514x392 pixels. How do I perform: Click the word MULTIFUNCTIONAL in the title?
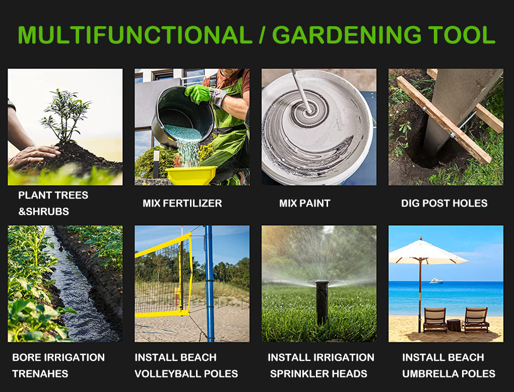click(x=135, y=34)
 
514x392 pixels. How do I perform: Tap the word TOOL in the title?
click(x=462, y=34)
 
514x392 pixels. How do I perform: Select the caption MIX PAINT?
click(x=304, y=203)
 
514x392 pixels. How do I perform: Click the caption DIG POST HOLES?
click(x=444, y=203)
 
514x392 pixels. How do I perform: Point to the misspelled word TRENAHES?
click(x=40, y=374)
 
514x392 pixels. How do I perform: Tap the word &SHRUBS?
click(x=44, y=212)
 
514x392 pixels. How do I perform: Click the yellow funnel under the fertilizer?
click(x=191, y=175)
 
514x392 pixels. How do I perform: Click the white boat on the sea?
click(x=436, y=280)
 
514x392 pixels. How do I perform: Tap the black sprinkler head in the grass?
click(x=322, y=301)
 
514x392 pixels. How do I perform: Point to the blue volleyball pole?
click(x=209, y=284)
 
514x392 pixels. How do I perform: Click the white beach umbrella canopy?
click(x=428, y=252)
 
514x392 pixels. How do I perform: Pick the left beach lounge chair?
click(x=435, y=319)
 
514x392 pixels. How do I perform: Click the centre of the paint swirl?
click(x=309, y=111)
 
